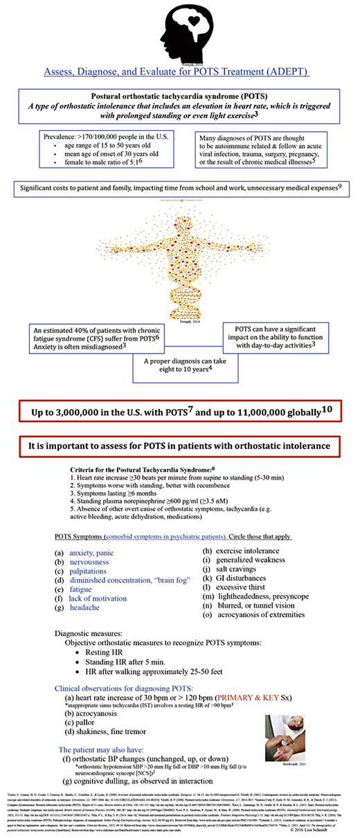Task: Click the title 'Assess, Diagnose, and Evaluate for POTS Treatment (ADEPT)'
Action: point(176,71)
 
